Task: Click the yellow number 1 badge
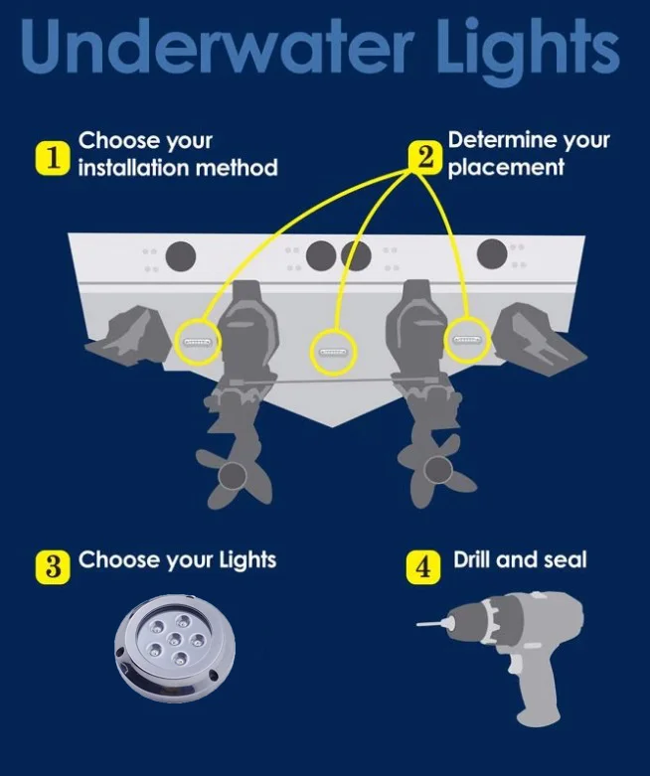click(x=52, y=158)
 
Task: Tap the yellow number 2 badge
click(x=423, y=158)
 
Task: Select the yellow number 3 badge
click(x=53, y=567)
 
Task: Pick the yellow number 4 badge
click(x=423, y=567)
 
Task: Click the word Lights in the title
click(x=528, y=52)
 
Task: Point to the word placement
click(x=506, y=168)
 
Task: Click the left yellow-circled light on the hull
click(x=197, y=342)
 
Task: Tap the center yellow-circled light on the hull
click(x=334, y=352)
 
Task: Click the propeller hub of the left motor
click(x=233, y=476)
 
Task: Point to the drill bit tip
click(x=418, y=625)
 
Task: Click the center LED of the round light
click(x=174, y=640)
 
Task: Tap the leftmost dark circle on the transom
click(x=181, y=256)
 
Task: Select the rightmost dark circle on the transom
click(x=492, y=253)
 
